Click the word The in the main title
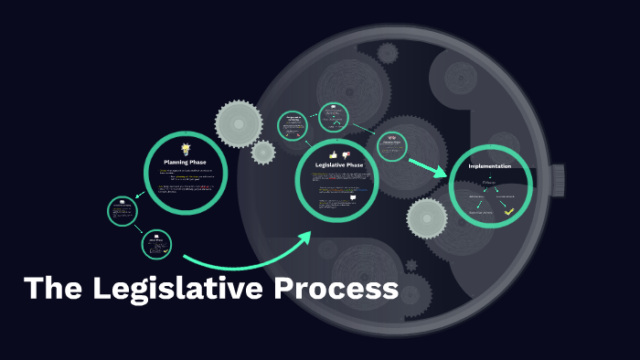click(x=55, y=289)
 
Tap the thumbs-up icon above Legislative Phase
click(x=333, y=154)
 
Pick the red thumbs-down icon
click(x=346, y=154)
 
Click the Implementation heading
click(x=489, y=166)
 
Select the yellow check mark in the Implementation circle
click(x=509, y=212)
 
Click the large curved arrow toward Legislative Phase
click(x=247, y=259)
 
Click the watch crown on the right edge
click(x=558, y=178)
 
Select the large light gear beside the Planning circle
click(x=240, y=122)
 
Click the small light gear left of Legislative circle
click(x=263, y=152)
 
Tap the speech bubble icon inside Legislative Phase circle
click(x=352, y=197)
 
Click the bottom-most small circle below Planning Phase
click(x=156, y=244)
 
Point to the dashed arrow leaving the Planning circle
click(x=140, y=194)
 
